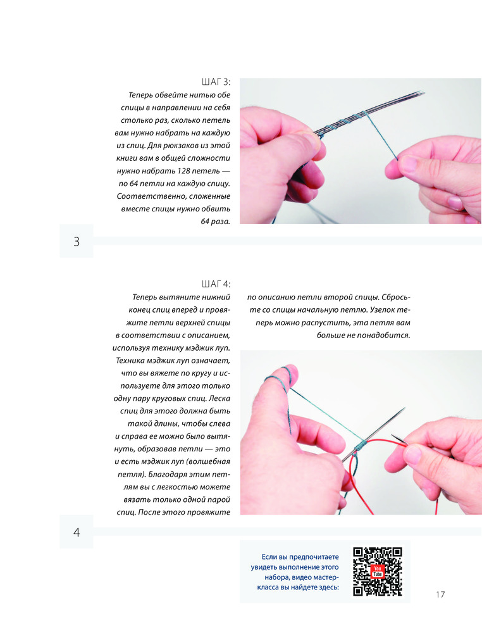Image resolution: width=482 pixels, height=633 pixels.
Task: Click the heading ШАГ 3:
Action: tap(216, 82)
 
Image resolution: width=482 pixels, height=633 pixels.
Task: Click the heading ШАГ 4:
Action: tap(216, 284)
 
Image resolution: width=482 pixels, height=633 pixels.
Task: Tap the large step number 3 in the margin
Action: tap(77, 241)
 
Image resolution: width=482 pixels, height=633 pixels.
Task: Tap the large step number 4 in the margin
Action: tap(77, 532)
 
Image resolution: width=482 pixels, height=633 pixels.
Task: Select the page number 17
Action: tap(440, 594)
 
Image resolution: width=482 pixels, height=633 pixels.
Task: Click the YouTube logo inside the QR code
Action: tap(377, 571)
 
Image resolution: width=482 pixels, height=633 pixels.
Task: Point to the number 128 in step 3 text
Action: tap(184, 171)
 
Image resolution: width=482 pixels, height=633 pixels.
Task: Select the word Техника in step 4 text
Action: tap(132, 361)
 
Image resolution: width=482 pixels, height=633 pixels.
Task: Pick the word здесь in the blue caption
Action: tap(329, 587)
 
